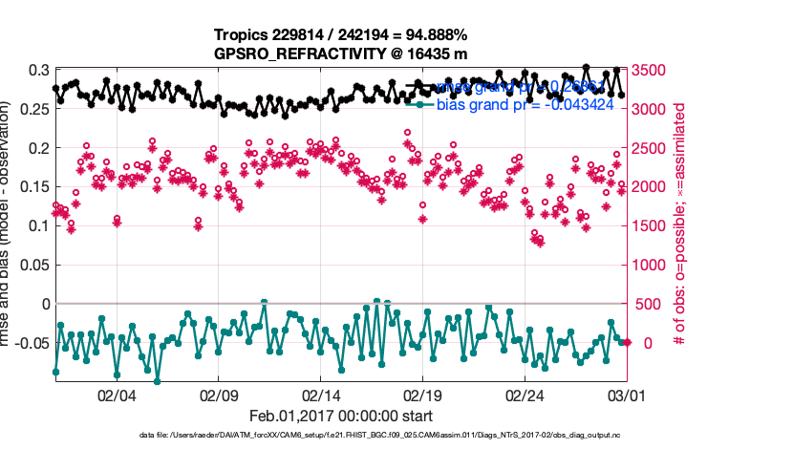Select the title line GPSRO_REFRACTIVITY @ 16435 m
tap(340, 53)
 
